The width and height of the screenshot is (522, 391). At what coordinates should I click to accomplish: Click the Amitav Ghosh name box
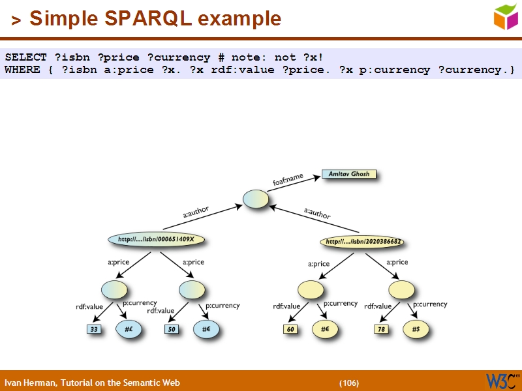(349, 175)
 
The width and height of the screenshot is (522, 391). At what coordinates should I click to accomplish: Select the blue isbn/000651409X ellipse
(157, 240)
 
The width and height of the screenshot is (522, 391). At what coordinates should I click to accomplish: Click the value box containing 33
(95, 330)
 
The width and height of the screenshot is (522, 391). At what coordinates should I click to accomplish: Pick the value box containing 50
(172, 330)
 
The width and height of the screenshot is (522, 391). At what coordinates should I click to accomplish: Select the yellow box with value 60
(290, 330)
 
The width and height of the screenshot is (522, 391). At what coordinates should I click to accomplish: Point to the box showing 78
(382, 330)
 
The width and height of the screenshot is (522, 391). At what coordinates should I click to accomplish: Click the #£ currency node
(129, 330)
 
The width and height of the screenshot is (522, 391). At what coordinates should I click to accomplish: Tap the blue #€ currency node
(206, 330)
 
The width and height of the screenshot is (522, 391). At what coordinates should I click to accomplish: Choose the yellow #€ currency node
(325, 330)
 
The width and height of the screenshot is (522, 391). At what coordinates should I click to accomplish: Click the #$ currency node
(416, 330)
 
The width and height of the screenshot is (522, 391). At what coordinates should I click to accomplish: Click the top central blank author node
(255, 199)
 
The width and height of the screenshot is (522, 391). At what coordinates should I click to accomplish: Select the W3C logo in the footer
(501, 381)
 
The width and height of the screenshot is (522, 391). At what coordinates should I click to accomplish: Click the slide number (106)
(349, 383)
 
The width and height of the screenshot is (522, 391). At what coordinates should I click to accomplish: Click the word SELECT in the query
(25, 57)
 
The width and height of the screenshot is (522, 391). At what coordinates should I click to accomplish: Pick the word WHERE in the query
(22, 70)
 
